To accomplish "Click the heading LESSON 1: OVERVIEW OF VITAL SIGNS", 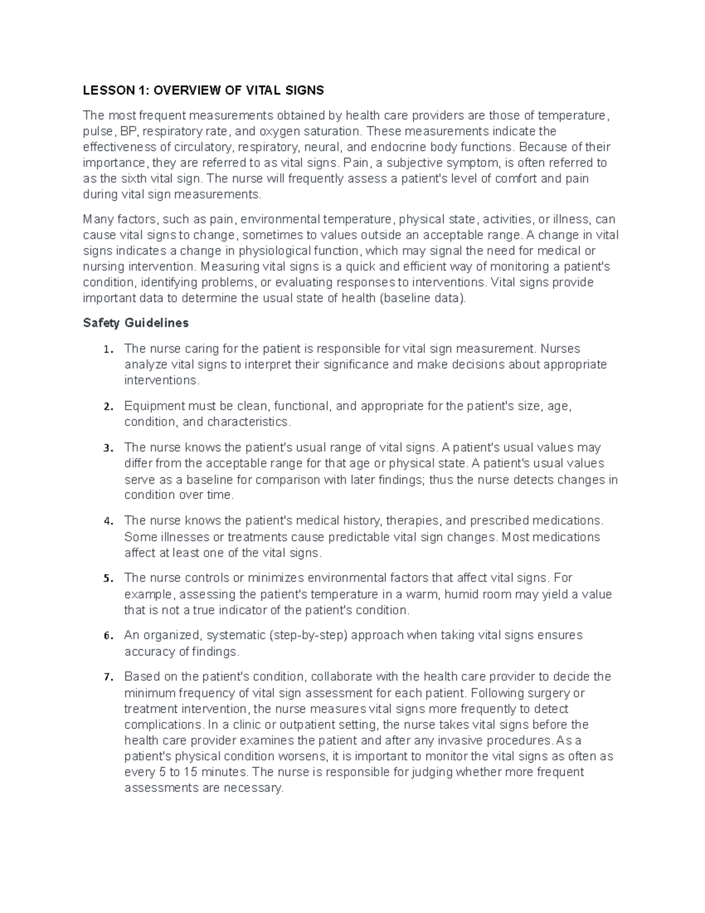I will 203,91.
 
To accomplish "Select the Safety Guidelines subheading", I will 136,323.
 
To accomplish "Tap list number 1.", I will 106,350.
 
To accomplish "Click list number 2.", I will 106,407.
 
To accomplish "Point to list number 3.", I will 106,449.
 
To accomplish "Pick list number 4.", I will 106,521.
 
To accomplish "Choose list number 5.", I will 106,578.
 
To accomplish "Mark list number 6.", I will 106,636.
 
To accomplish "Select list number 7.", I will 106,677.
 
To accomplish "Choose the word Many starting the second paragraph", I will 96,220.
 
